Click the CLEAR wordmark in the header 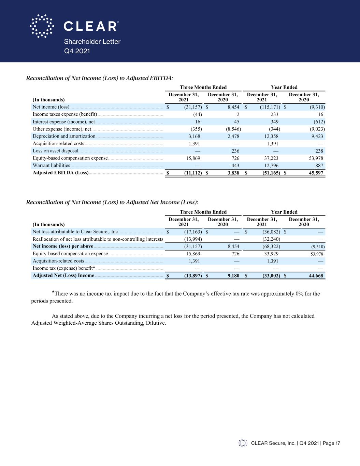click(91, 26)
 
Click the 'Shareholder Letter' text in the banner click(92, 42)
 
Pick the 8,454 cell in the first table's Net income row click(232, 107)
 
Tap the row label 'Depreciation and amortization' click(64, 136)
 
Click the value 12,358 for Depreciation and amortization click(271, 136)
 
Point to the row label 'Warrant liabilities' click(51, 166)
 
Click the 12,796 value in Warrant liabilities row click(271, 166)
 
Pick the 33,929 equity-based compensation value click(271, 254)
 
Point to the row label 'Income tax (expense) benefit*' click(64, 268)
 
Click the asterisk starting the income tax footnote click(53, 292)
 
